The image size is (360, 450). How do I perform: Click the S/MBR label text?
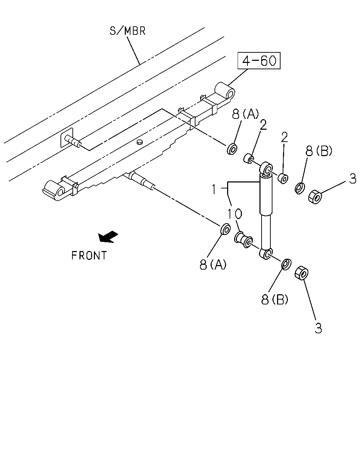(x=127, y=31)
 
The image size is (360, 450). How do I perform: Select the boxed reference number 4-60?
(x=259, y=60)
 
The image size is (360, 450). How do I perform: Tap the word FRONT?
(x=89, y=256)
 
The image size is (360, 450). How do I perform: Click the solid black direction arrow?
(x=108, y=237)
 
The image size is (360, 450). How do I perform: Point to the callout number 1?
(x=214, y=189)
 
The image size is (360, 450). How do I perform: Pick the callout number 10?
(x=235, y=214)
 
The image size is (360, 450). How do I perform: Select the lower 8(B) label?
(x=275, y=299)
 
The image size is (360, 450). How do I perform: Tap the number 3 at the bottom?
(x=318, y=328)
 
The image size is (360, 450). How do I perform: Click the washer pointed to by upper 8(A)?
(x=232, y=149)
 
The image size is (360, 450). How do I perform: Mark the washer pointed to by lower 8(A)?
(x=225, y=229)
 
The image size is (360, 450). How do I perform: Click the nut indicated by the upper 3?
(x=315, y=197)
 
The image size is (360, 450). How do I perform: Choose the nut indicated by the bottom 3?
(x=301, y=273)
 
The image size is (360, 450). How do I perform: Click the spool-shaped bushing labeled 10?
(x=244, y=240)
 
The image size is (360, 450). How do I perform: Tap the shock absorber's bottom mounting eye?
(x=266, y=253)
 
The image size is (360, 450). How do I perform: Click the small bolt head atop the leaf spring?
(x=140, y=142)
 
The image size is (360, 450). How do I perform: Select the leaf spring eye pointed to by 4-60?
(x=225, y=92)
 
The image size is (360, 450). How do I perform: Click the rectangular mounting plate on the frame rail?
(x=67, y=137)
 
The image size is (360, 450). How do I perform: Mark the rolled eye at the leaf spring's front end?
(x=54, y=190)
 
